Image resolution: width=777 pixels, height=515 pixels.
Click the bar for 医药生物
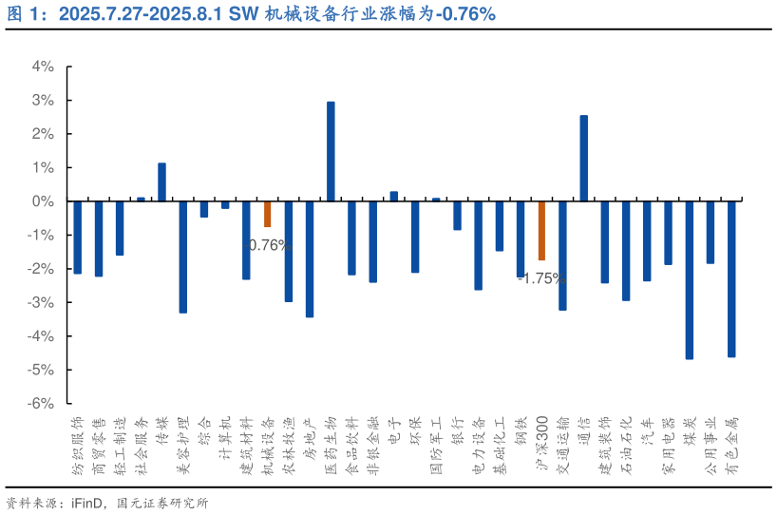pyautogui.click(x=331, y=151)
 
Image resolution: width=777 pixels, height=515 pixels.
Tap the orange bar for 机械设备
pyautogui.click(x=268, y=214)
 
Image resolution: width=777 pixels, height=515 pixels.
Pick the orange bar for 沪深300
pyautogui.click(x=541, y=231)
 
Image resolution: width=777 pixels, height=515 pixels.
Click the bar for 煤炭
pyautogui.click(x=689, y=279)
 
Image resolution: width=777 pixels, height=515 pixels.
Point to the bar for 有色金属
pyautogui.click(x=731, y=278)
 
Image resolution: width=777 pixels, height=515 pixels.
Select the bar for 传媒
pyautogui.click(x=161, y=181)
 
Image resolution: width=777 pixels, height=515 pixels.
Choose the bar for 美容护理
pyautogui.click(x=183, y=257)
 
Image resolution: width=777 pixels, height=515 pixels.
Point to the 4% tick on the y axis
pyautogui.click(x=43, y=67)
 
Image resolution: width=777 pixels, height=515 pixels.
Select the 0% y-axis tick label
pyautogui.click(x=43, y=201)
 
